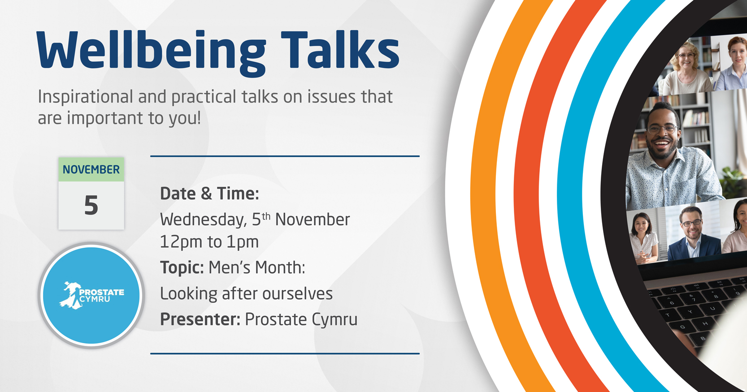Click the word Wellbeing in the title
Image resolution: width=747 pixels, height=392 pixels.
(151, 53)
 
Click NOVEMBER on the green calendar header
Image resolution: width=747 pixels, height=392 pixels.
(91, 170)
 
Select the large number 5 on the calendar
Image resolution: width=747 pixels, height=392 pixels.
(91, 205)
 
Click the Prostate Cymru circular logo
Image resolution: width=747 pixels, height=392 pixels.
(91, 295)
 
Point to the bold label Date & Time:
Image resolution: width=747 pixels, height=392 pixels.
(209, 194)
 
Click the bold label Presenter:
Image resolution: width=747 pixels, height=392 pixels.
(200, 319)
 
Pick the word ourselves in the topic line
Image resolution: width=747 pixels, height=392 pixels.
(297, 294)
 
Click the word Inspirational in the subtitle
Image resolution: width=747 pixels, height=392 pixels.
(86, 97)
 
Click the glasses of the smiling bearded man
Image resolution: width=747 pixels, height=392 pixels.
(662, 129)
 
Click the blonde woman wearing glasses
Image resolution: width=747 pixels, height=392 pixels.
(686, 69)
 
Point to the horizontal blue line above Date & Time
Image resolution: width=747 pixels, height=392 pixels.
(285, 156)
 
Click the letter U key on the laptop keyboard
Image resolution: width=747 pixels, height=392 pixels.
(712, 308)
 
